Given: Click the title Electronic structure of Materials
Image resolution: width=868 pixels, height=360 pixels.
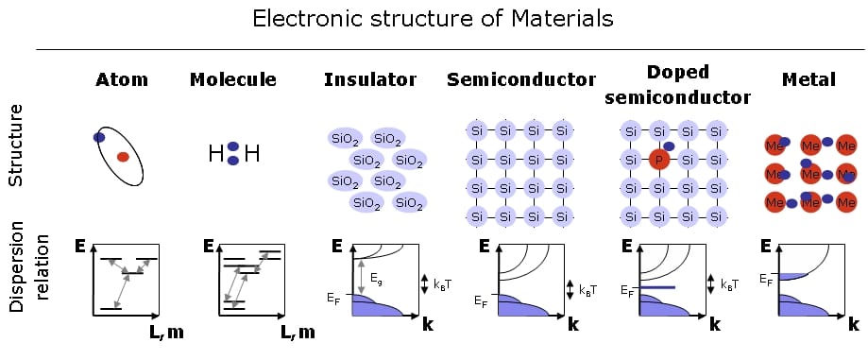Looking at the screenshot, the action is coord(434,19).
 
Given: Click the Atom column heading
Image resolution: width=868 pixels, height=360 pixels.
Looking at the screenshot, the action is coord(122,79).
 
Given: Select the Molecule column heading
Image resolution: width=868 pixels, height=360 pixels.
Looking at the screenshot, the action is coord(233,79).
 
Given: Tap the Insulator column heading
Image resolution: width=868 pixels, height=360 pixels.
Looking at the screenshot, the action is coord(370,79).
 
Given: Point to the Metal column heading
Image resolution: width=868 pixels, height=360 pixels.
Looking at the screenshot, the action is coord(808,79).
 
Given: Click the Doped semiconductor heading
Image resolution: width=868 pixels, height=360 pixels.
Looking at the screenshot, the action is coord(678,85).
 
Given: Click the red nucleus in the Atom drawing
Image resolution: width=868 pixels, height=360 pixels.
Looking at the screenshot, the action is coord(123,157).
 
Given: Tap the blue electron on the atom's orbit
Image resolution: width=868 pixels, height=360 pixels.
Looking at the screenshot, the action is coord(99,137).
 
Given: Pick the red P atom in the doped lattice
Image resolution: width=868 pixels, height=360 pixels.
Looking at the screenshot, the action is coord(658,161).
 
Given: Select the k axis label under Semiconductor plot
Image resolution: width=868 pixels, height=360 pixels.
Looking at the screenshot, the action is coord(573,324).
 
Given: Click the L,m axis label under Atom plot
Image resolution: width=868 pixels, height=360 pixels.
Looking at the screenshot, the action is coord(161,332).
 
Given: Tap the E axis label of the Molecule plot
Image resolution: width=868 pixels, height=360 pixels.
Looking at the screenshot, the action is coord(209,246).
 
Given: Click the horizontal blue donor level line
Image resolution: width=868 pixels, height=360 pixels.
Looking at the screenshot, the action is coord(657,287).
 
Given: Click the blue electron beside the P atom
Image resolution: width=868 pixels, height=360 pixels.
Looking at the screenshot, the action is coord(669,146).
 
